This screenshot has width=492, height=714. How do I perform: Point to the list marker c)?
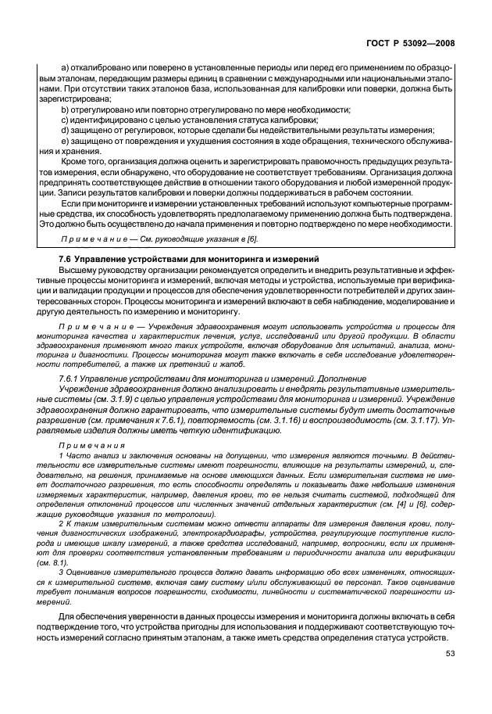[x=64, y=120]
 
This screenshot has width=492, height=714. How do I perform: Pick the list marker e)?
[x=64, y=141]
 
